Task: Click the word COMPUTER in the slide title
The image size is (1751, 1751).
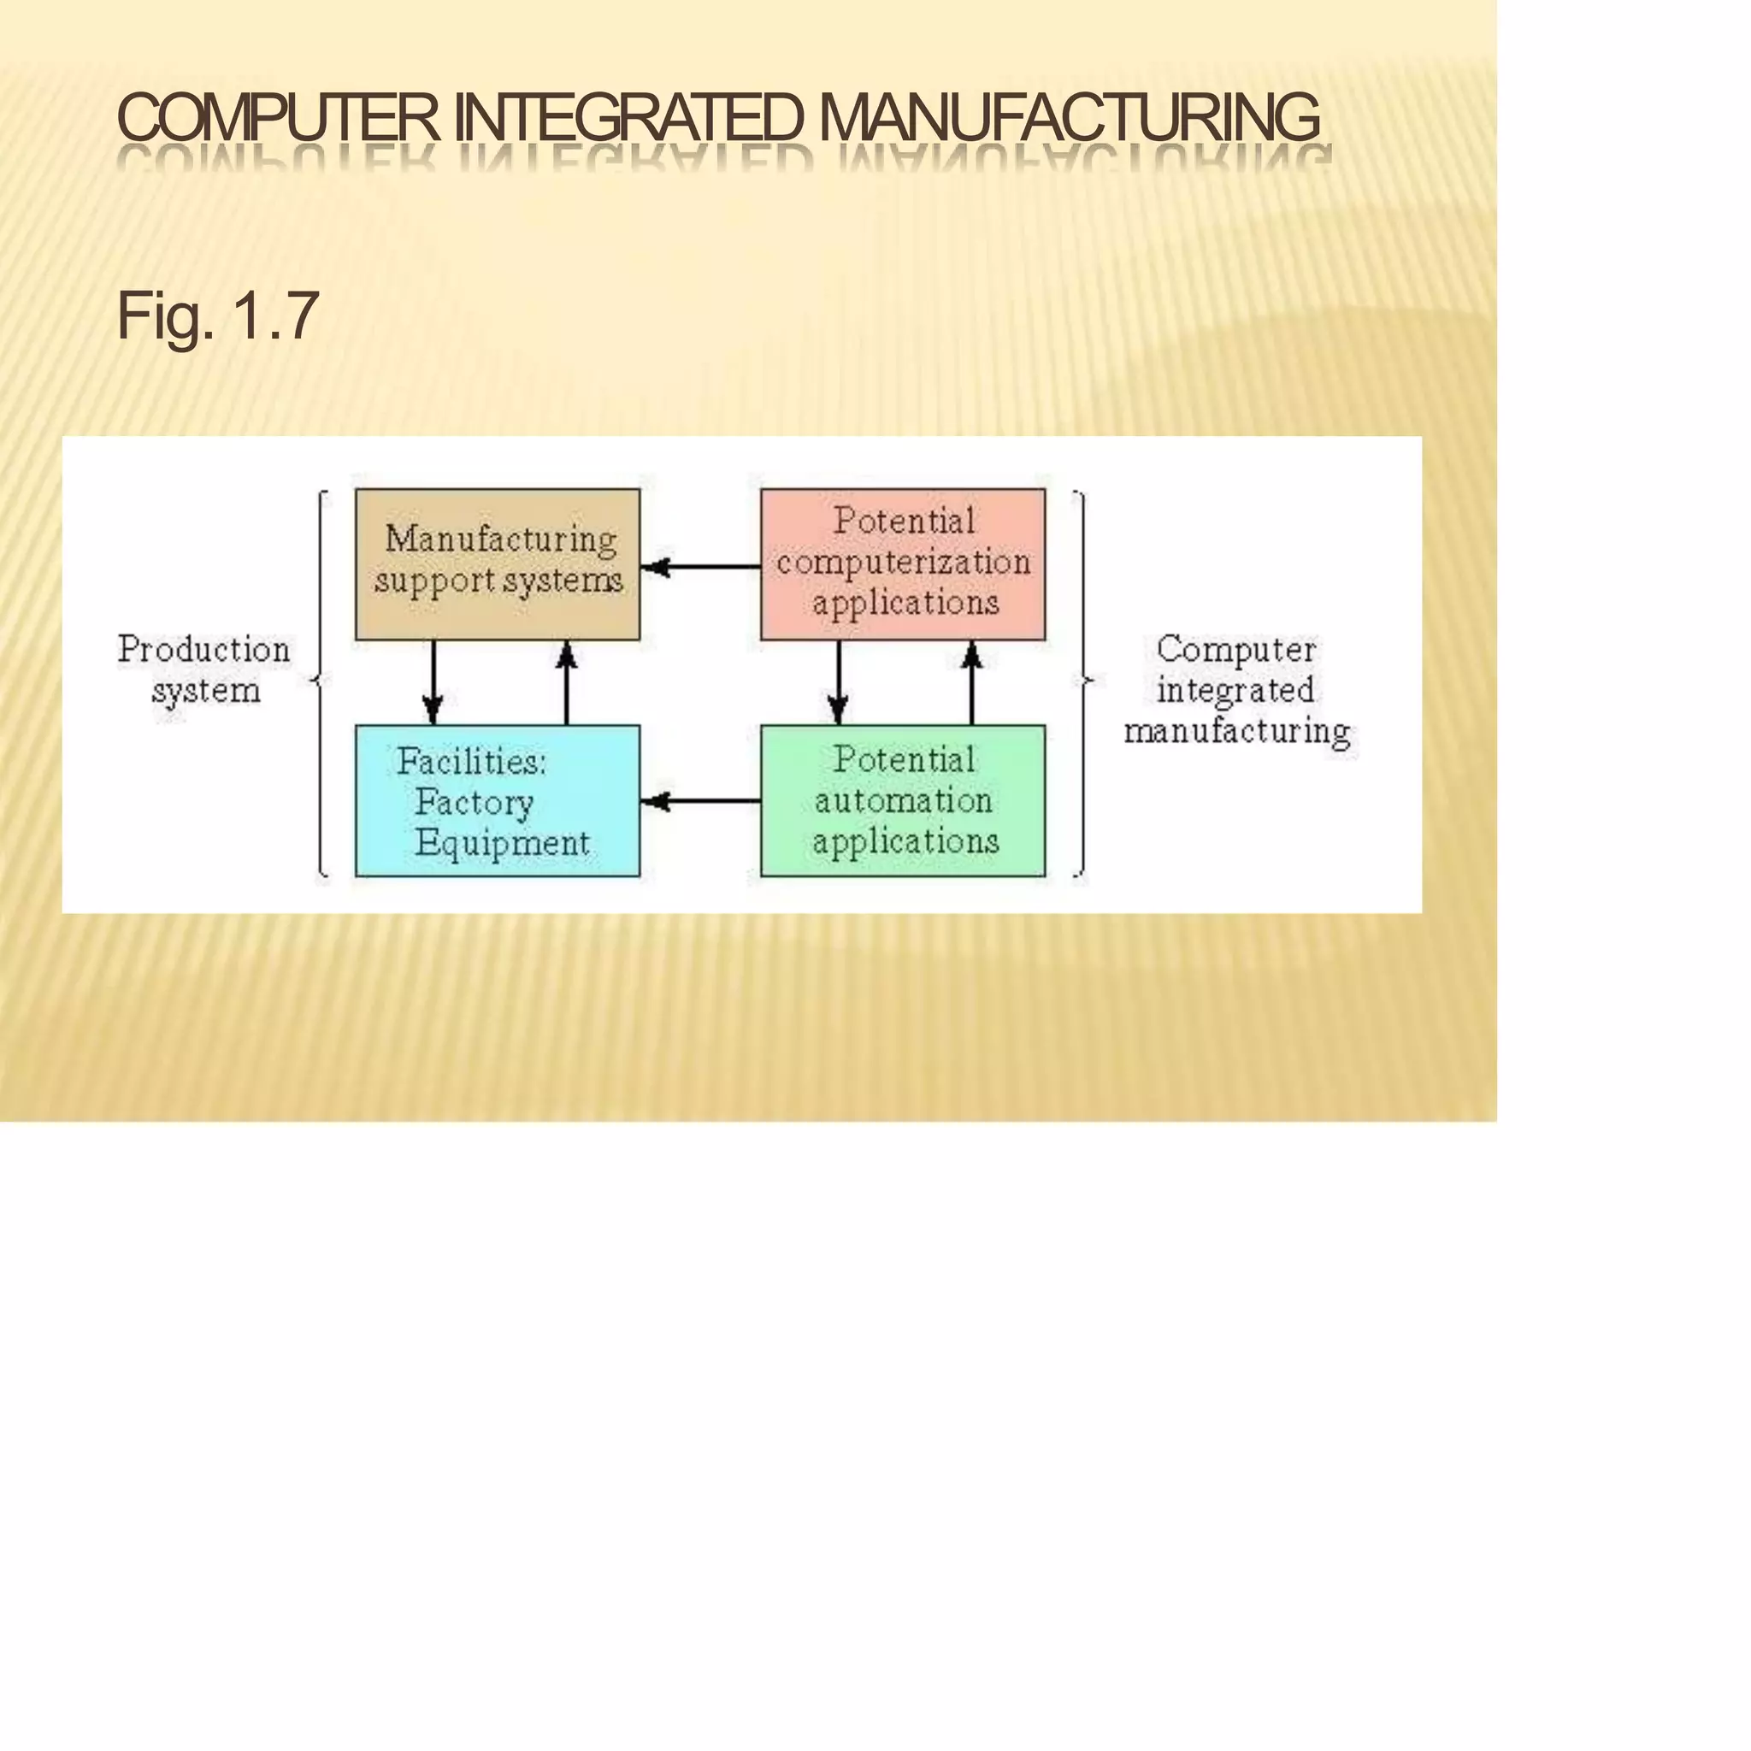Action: (277, 117)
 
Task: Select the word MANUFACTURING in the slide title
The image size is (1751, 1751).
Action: (1070, 117)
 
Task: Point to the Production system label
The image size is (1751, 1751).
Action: (205, 669)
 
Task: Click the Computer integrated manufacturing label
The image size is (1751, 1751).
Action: (1236, 690)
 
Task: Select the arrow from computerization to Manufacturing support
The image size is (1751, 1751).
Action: (699, 568)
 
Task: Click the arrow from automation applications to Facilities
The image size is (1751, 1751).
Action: (699, 801)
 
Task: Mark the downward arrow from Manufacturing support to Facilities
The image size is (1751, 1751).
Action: (433, 682)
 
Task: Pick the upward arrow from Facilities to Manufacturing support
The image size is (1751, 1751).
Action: (567, 682)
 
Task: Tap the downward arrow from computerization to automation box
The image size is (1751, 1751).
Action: (839, 682)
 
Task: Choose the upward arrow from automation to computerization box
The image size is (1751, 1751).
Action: (971, 682)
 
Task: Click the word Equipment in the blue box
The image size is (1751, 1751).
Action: (502, 844)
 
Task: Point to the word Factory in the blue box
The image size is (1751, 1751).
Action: (474, 802)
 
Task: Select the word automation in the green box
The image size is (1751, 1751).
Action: (903, 800)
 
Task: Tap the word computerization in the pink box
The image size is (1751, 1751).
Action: (903, 563)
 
